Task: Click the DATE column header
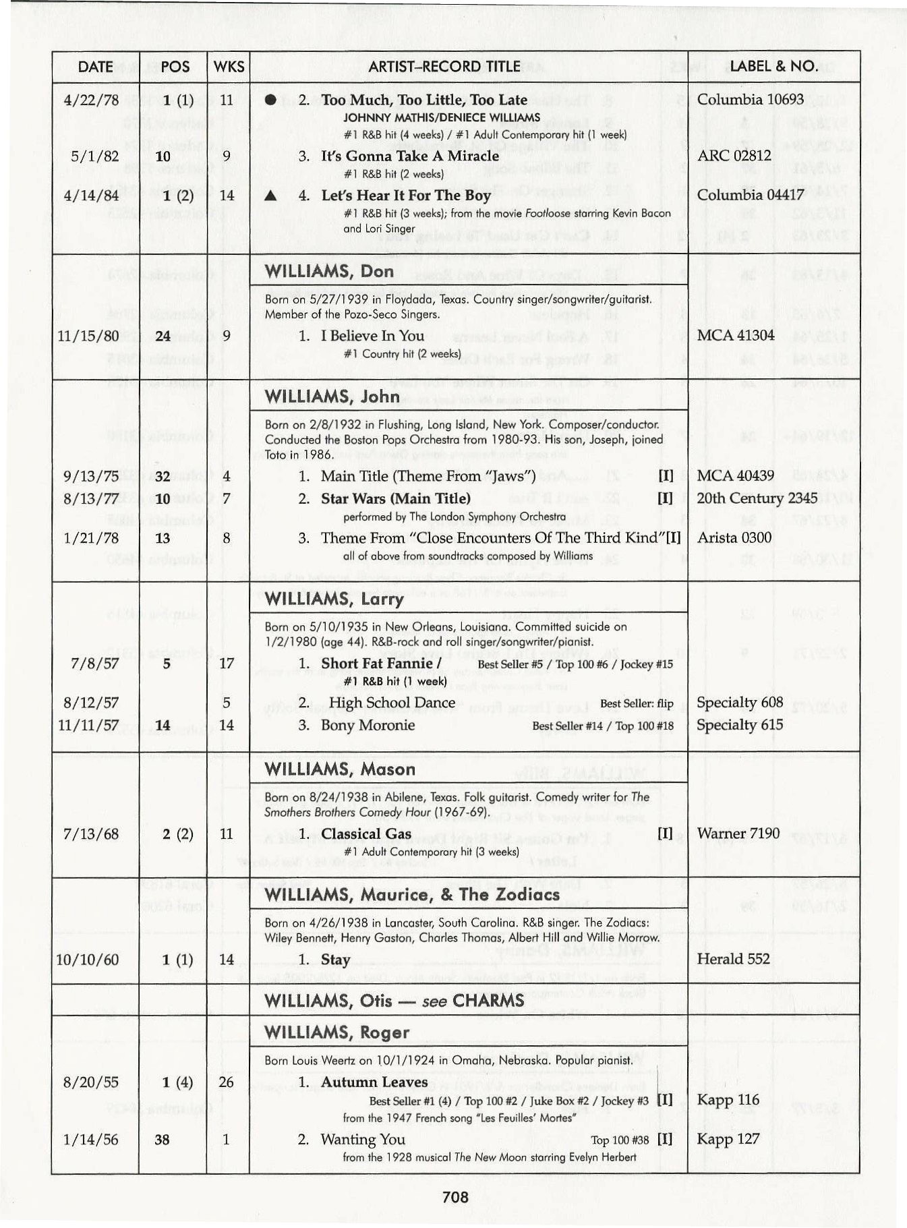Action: pyautogui.click(x=95, y=67)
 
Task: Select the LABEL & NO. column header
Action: pyautogui.click(x=773, y=66)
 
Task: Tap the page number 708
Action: pyautogui.click(x=455, y=1197)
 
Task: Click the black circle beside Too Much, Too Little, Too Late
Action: pyautogui.click(x=271, y=100)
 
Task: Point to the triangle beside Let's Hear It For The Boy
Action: pyautogui.click(x=271, y=196)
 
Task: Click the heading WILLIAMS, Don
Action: pyautogui.click(x=329, y=271)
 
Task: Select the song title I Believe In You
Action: pyautogui.click(x=372, y=336)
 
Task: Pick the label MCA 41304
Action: pyautogui.click(x=735, y=335)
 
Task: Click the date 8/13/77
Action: pyautogui.click(x=91, y=499)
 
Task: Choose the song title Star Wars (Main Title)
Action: pyautogui.click(x=395, y=499)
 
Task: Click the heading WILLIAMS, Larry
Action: pyautogui.click(x=334, y=599)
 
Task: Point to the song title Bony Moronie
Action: pyautogui.click(x=368, y=725)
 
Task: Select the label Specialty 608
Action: pyautogui.click(x=739, y=702)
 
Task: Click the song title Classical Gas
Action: pyautogui.click(x=365, y=834)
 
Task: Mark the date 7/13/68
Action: pyautogui.click(x=90, y=834)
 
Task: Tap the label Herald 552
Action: pyautogui.click(x=733, y=959)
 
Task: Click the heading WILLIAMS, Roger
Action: pyautogui.click(x=337, y=1032)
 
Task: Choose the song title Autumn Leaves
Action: pyautogui.click(x=374, y=1082)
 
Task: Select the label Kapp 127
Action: pyautogui.click(x=728, y=1139)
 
